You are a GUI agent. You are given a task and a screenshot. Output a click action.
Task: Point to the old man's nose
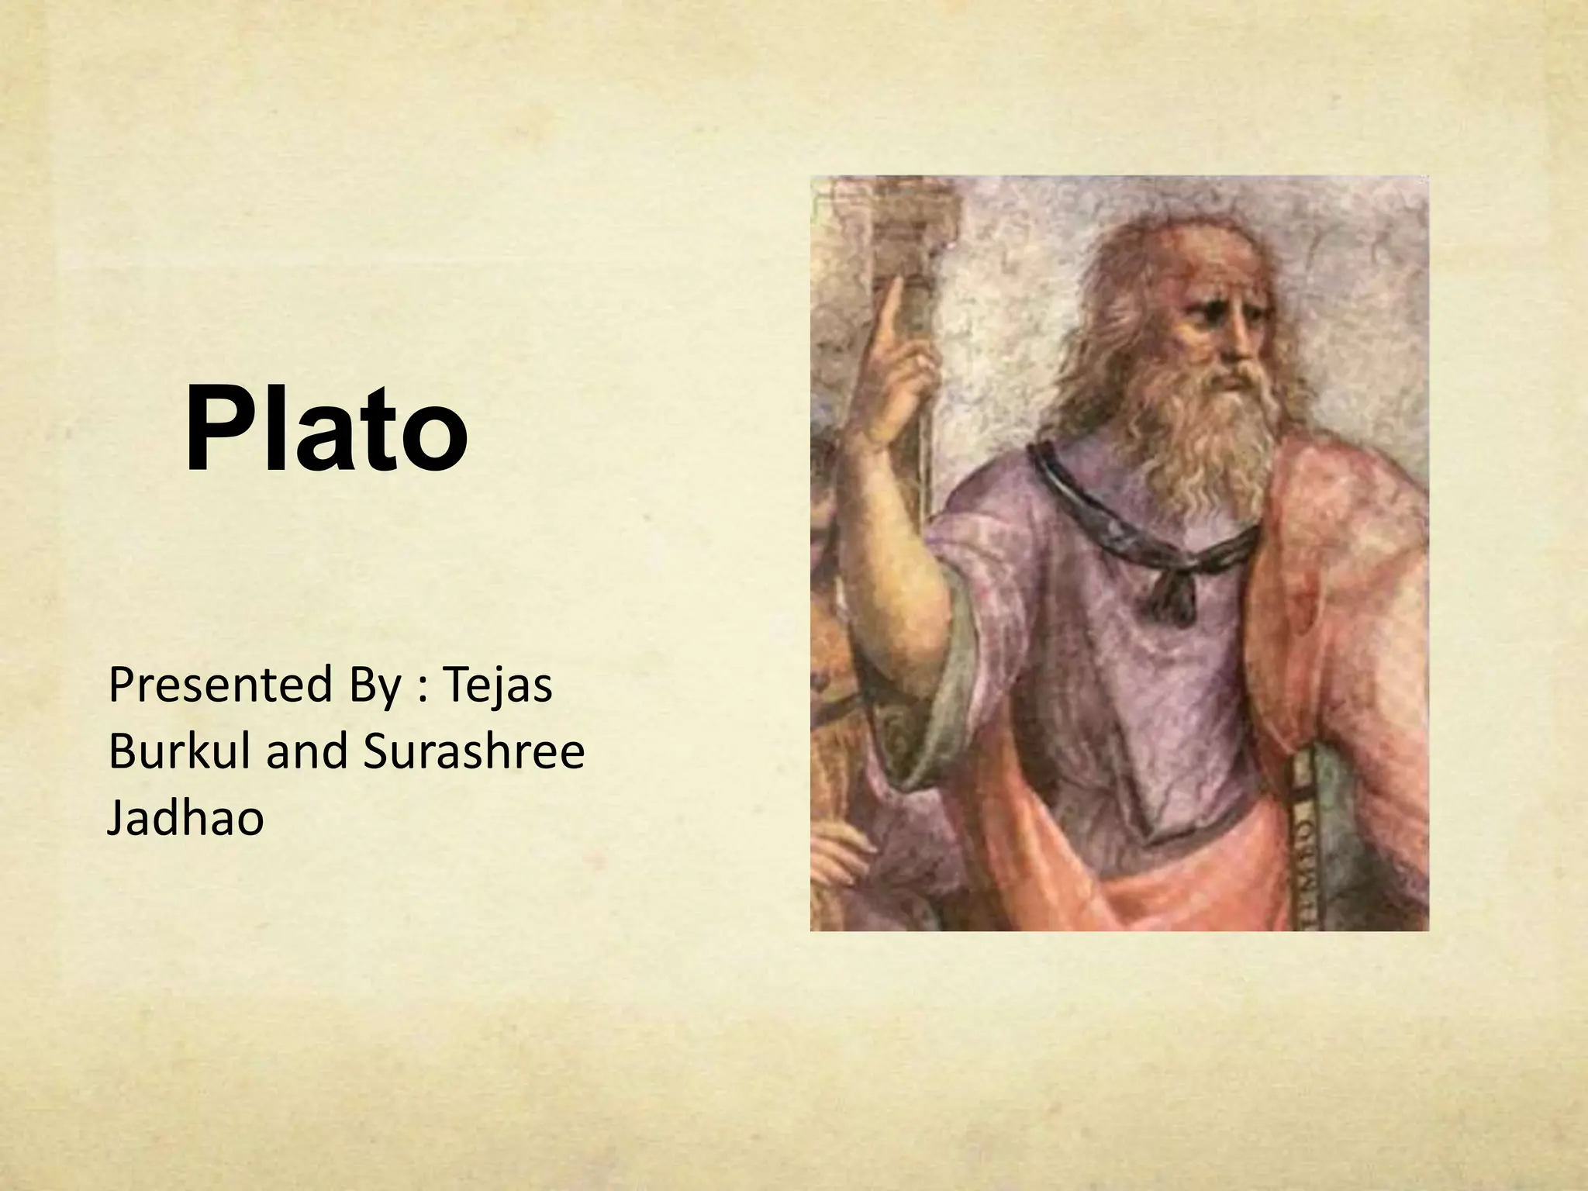[1239, 349]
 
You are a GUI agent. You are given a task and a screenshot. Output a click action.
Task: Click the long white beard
[1210, 434]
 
